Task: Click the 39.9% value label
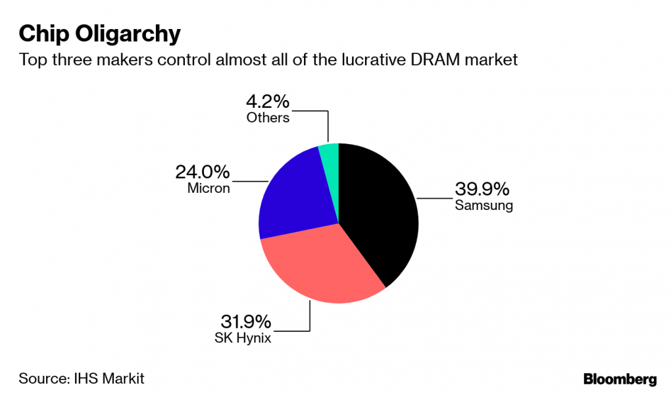click(482, 190)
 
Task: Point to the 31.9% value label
click(244, 322)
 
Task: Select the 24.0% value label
click(203, 172)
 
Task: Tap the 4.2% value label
click(268, 102)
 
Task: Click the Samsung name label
click(484, 205)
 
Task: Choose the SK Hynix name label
click(243, 338)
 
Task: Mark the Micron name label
click(208, 189)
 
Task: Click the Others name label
click(268, 118)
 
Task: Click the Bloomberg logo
click(620, 379)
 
